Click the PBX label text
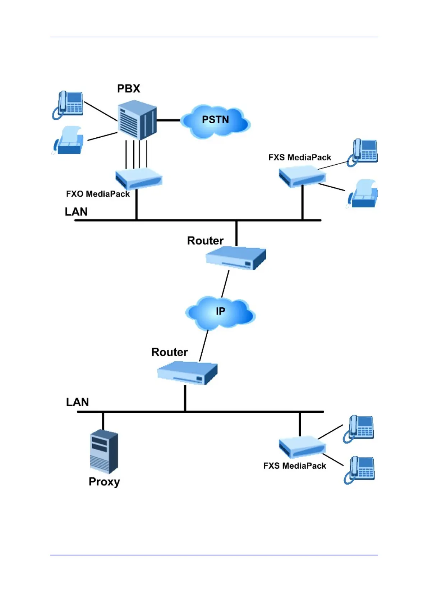(x=129, y=88)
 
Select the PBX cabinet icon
(x=137, y=120)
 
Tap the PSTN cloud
(x=215, y=121)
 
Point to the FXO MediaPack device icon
(x=139, y=178)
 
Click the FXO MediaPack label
(x=98, y=194)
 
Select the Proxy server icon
(x=104, y=452)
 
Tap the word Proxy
(x=104, y=482)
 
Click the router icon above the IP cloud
(x=236, y=258)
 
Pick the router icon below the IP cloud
(x=187, y=373)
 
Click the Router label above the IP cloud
(x=205, y=240)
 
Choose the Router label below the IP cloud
(x=169, y=352)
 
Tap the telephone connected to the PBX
(x=68, y=105)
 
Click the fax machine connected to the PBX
(x=69, y=141)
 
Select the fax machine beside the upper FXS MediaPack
(x=363, y=194)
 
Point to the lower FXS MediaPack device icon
(x=302, y=447)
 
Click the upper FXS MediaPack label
(x=300, y=157)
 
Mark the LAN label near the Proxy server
(x=77, y=402)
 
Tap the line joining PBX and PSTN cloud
(x=168, y=120)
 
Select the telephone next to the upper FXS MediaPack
(x=363, y=152)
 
